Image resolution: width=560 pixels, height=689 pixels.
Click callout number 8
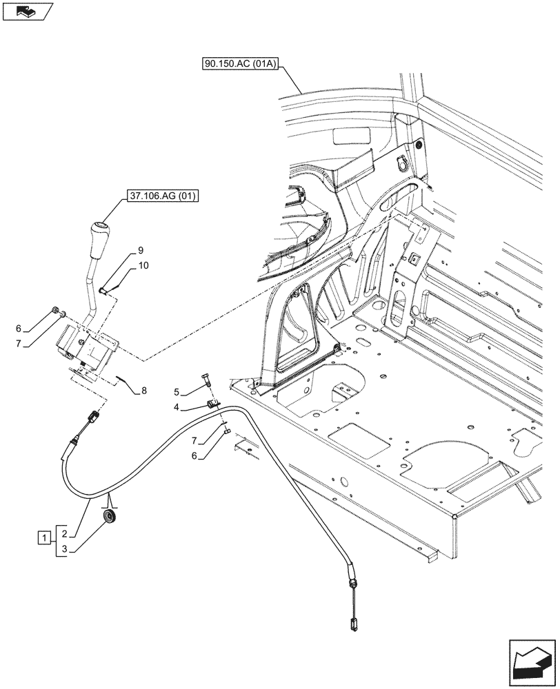[144, 391]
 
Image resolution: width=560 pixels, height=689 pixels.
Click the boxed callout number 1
[44, 537]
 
